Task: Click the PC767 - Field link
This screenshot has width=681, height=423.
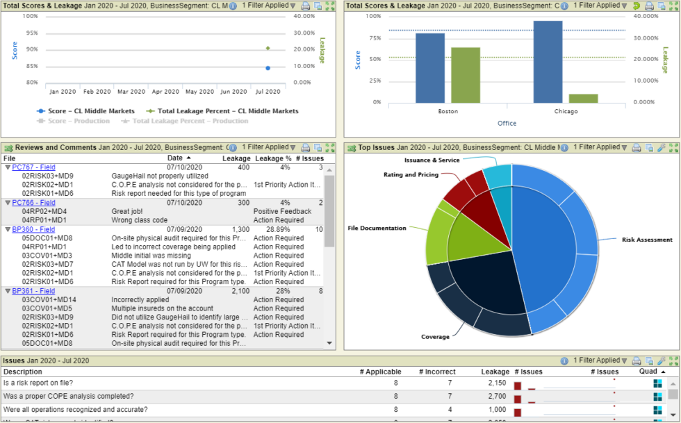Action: tap(33, 167)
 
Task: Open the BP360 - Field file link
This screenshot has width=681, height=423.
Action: tap(33, 229)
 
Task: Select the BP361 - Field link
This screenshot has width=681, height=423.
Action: tap(33, 291)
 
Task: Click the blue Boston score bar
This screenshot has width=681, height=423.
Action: tap(430, 68)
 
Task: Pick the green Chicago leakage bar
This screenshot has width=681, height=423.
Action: tap(583, 98)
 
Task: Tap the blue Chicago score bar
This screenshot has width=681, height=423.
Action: tap(548, 62)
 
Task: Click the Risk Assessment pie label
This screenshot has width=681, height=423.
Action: tap(647, 240)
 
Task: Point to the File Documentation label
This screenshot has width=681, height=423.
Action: tap(377, 228)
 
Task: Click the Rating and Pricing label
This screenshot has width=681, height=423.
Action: tap(411, 175)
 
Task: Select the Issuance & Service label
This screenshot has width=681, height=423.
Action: tap(432, 160)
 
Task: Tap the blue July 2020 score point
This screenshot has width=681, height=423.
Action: tap(268, 68)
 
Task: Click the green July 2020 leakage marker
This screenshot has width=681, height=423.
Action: tap(268, 48)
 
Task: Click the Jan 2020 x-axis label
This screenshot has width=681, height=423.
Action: tap(63, 92)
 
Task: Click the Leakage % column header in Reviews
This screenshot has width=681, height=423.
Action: tap(273, 158)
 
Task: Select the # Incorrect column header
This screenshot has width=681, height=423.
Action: tap(437, 372)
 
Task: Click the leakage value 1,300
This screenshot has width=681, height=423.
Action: tap(240, 229)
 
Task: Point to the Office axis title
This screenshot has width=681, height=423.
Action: tap(507, 124)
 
